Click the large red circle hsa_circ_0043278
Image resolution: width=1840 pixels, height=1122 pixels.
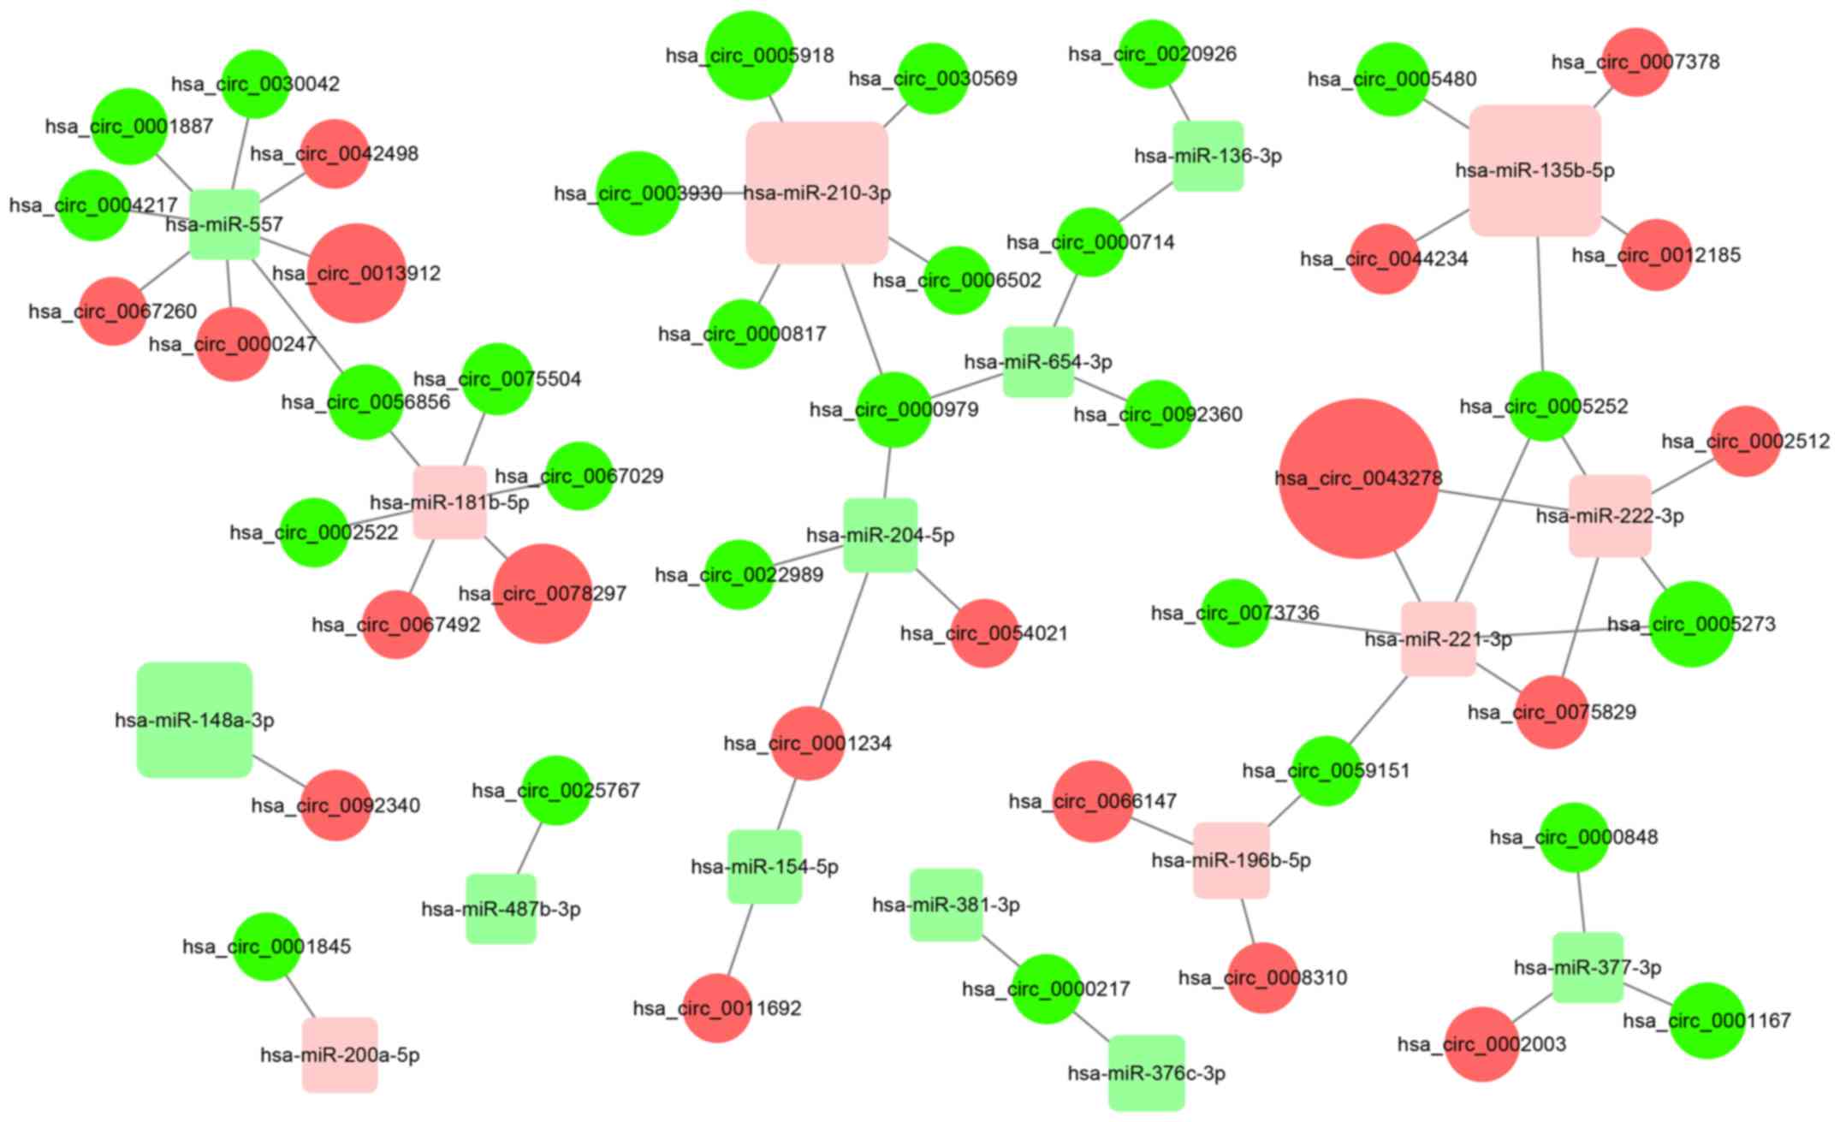(1358, 478)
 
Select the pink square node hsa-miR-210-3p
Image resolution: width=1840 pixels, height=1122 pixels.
(816, 193)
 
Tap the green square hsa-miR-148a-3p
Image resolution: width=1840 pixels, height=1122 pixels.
(194, 720)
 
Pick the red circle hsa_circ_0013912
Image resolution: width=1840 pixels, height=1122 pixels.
(356, 273)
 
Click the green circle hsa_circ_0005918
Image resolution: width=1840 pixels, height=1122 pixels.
(750, 56)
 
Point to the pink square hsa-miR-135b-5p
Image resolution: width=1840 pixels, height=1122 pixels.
(1534, 170)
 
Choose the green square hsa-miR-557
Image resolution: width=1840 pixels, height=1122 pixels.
(224, 224)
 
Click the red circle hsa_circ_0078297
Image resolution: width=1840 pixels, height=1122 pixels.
(543, 593)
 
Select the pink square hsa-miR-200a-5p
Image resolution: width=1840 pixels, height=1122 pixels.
(340, 1054)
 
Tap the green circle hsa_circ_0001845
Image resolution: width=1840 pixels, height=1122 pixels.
(267, 946)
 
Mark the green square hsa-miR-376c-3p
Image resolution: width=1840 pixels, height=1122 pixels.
(1147, 1072)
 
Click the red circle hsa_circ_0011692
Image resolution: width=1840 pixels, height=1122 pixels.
(717, 1008)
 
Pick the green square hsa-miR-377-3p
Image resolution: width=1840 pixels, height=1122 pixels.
(1588, 967)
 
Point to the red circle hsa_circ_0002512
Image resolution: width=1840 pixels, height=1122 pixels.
(1746, 441)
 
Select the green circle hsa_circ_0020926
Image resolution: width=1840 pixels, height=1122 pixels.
(1152, 54)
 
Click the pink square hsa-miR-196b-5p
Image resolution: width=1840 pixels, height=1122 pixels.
(1231, 860)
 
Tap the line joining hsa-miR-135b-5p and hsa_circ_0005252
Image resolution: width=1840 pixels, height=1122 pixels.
(1540, 304)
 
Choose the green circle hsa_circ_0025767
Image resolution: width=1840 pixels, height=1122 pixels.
(555, 790)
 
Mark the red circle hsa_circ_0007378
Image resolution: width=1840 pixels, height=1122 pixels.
(1635, 62)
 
